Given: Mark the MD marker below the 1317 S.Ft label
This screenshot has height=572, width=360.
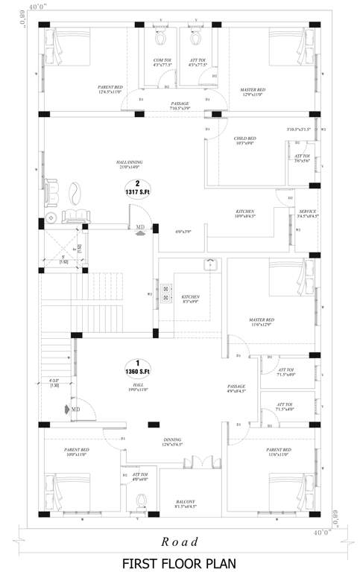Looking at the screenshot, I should click(140, 229).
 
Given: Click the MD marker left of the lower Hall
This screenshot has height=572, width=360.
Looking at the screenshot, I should click(75, 408).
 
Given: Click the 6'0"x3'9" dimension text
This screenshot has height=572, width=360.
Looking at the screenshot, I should click(183, 232).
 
